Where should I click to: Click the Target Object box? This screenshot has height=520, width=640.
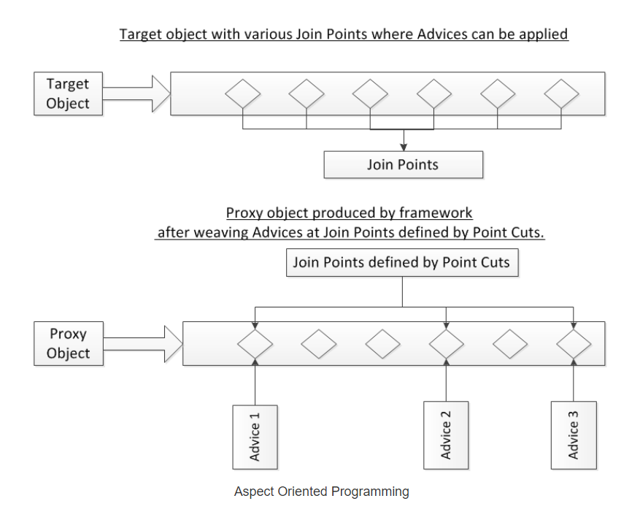(x=68, y=93)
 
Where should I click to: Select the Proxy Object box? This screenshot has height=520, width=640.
(x=68, y=343)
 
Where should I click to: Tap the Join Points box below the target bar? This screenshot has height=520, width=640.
(x=403, y=164)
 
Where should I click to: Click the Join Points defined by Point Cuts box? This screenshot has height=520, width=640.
(x=401, y=263)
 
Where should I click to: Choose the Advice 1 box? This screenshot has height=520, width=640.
(x=255, y=437)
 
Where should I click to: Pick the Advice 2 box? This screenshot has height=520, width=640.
(x=446, y=435)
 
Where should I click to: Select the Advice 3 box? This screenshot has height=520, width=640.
(x=574, y=435)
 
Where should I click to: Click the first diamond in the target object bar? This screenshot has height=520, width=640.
(x=242, y=93)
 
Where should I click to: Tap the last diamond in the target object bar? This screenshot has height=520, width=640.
(x=562, y=93)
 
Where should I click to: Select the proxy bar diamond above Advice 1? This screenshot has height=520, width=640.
(x=255, y=343)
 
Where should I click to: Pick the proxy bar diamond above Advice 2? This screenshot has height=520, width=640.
(x=446, y=343)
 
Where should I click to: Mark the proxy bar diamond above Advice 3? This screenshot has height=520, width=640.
(x=574, y=343)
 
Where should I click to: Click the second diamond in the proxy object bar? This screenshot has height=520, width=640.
(x=319, y=343)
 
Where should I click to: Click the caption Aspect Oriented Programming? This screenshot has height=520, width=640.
(x=321, y=492)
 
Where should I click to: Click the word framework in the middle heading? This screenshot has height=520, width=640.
(x=436, y=213)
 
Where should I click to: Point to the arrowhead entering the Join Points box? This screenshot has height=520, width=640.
(x=403, y=148)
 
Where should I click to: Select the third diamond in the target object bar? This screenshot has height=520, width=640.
(x=370, y=93)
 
